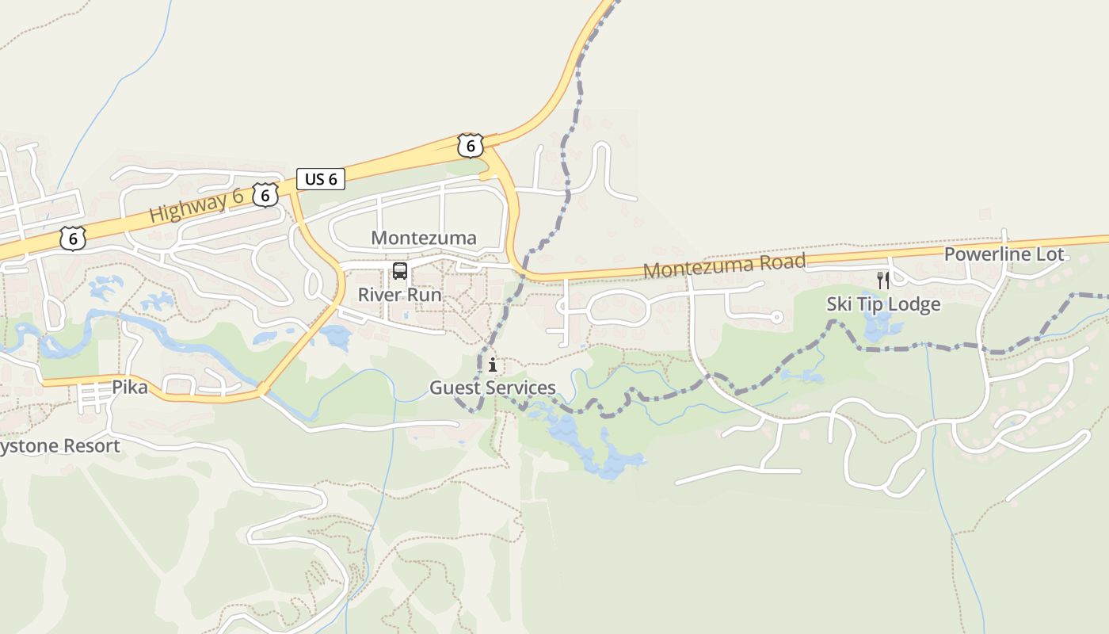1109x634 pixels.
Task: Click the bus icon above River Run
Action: (400, 272)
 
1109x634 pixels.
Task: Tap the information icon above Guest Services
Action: (493, 365)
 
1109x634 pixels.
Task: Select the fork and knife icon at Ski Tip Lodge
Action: (883, 280)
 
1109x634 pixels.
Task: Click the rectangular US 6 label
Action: (321, 179)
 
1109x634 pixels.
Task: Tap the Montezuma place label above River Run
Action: (424, 238)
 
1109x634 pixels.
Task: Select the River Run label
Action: (399, 295)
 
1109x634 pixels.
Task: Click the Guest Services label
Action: (493, 388)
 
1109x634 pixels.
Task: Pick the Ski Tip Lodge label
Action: (883, 304)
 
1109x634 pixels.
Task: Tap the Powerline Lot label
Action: (1004, 254)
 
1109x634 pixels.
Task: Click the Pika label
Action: (130, 388)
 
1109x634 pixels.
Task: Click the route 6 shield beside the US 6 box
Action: (265, 194)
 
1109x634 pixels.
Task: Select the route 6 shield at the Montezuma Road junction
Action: (470, 146)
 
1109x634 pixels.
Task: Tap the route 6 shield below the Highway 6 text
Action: (73, 238)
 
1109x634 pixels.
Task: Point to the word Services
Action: (520, 388)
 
